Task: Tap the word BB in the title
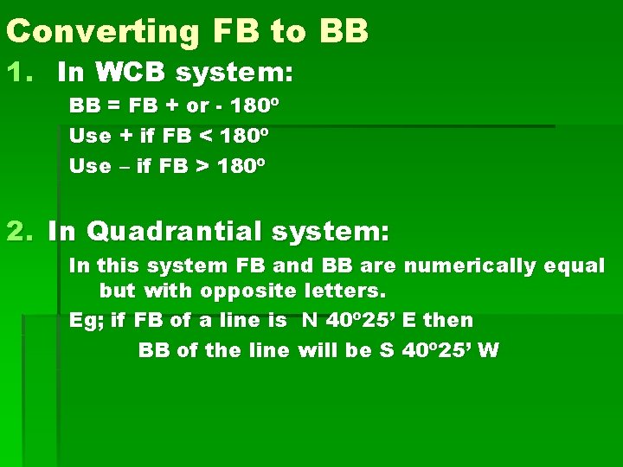click(x=344, y=32)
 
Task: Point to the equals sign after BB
click(x=113, y=106)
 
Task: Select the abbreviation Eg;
click(x=87, y=320)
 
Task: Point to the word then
click(x=448, y=320)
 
